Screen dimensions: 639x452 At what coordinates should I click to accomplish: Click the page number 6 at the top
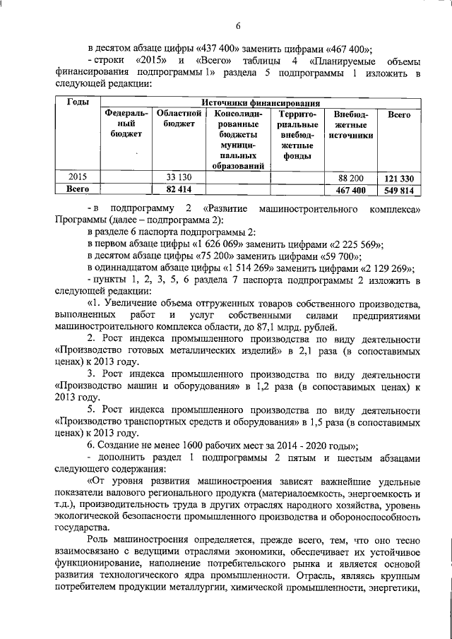point(238,27)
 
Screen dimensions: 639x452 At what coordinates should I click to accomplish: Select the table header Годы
point(78,102)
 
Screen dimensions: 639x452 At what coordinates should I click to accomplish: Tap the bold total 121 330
point(400,177)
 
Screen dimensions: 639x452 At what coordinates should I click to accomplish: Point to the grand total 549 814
point(400,189)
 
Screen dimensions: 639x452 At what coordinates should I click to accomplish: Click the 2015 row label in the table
point(78,177)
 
